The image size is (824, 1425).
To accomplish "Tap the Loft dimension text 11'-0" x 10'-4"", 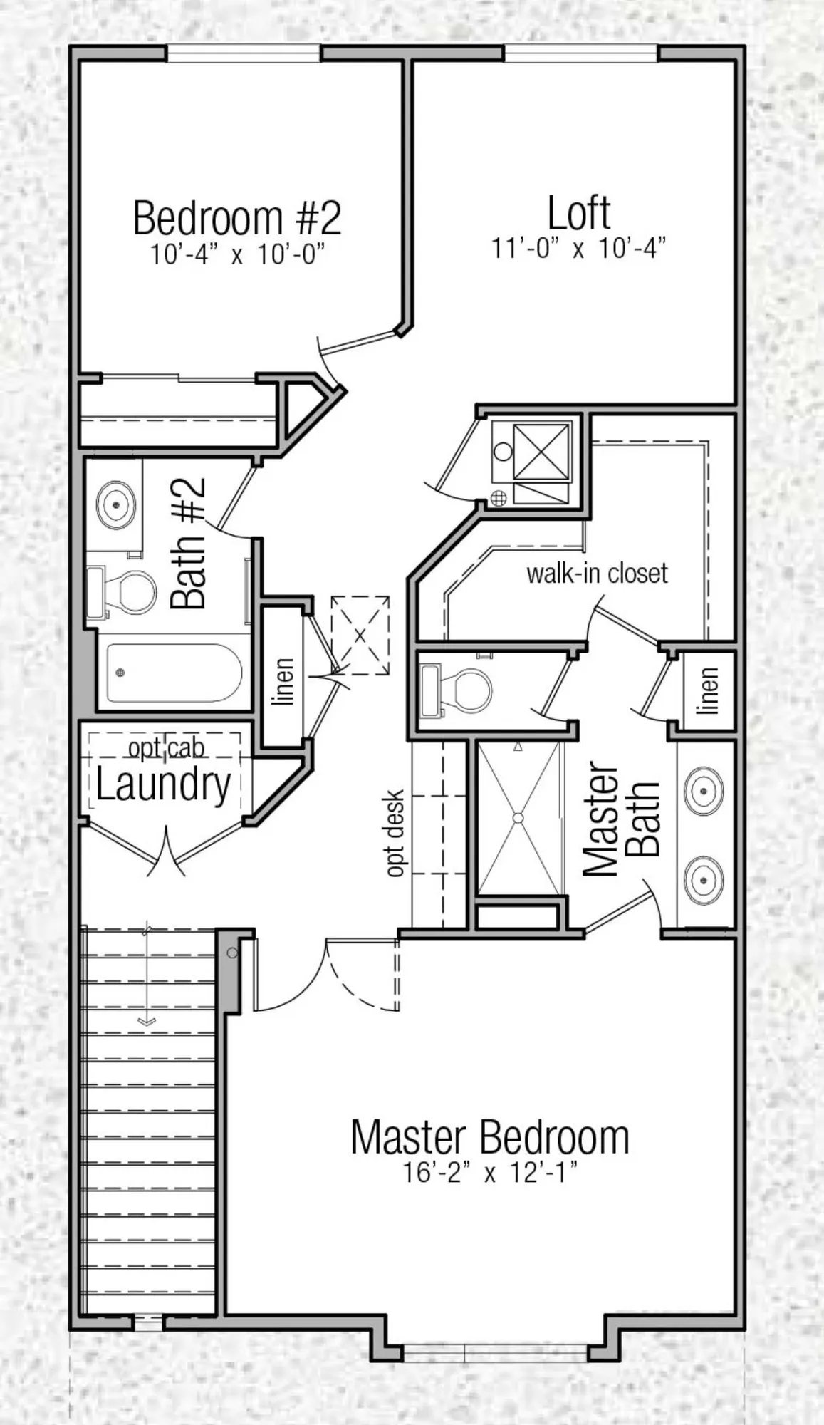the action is (x=578, y=249).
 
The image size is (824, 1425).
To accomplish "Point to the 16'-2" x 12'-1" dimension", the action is (x=490, y=1172).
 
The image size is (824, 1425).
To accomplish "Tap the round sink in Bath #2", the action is (x=115, y=504).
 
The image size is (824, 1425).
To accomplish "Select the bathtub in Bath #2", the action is (x=174, y=673).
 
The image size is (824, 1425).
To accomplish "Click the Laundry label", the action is (x=164, y=784).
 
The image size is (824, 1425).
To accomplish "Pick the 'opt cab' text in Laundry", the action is (x=167, y=748).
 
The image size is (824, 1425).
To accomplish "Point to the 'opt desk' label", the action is (x=395, y=833).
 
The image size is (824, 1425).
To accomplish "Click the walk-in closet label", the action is (x=598, y=573).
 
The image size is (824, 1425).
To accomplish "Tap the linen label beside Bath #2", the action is (x=284, y=682).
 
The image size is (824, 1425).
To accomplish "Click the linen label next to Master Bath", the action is (x=709, y=690).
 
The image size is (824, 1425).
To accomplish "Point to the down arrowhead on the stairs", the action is (x=147, y=1022).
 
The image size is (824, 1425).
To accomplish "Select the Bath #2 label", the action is (x=188, y=543).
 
